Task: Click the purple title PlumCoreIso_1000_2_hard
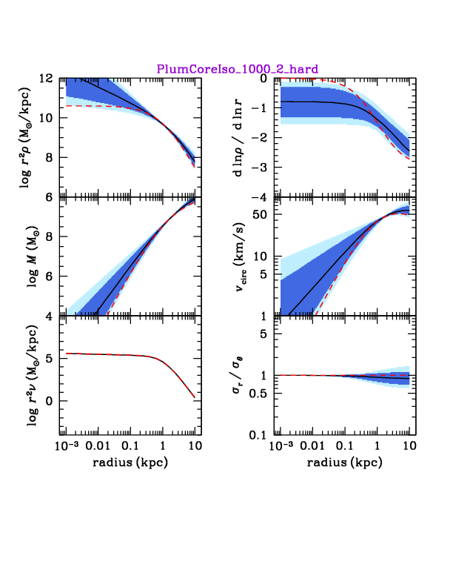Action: (x=238, y=69)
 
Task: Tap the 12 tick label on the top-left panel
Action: (x=47, y=79)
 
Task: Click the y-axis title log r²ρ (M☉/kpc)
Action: (x=26, y=137)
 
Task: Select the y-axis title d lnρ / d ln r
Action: (x=238, y=138)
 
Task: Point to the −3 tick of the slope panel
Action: (x=258, y=168)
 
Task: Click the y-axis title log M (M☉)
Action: (x=33, y=256)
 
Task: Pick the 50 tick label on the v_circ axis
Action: (x=260, y=215)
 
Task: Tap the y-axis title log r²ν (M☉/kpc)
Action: (x=33, y=376)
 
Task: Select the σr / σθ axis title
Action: (x=238, y=376)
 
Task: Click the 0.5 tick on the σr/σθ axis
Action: (x=258, y=394)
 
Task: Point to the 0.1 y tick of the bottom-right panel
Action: (x=258, y=435)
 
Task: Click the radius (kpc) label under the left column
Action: (x=130, y=462)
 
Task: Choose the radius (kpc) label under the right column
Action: (x=345, y=462)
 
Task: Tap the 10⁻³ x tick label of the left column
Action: (x=67, y=445)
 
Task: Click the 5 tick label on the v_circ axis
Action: (x=264, y=274)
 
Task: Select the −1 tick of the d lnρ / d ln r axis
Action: (x=258, y=107)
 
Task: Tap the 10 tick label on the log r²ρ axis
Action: (x=47, y=118)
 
